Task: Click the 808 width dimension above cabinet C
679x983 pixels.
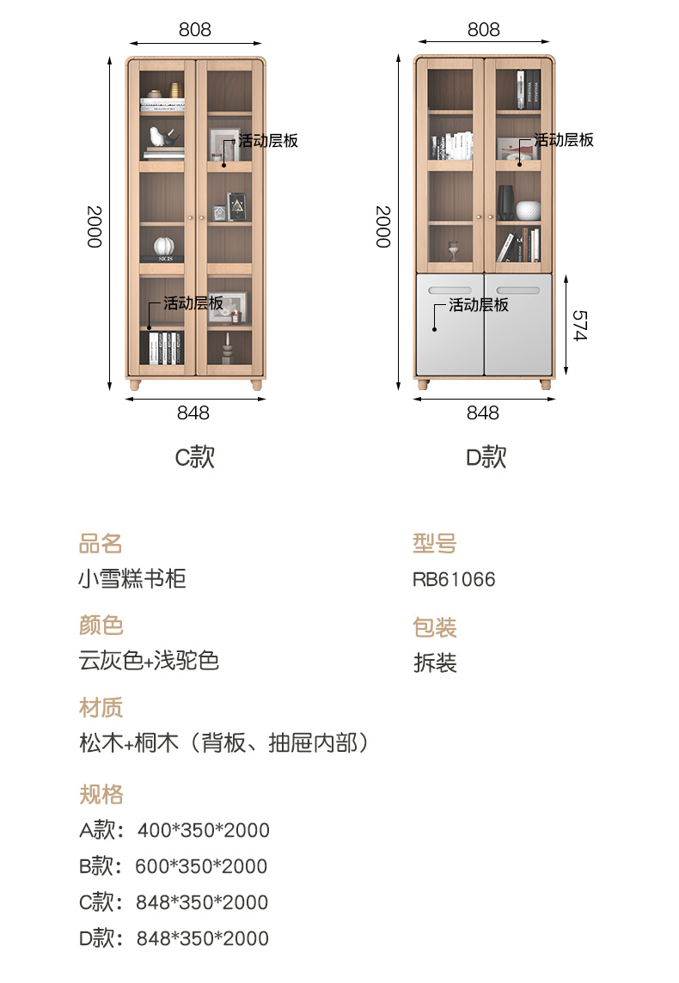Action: (x=194, y=30)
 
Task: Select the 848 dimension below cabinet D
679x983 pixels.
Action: (x=482, y=413)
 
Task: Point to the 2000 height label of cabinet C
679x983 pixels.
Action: (x=94, y=226)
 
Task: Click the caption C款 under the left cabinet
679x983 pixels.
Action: (x=195, y=457)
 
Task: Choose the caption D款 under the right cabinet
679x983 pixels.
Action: (x=486, y=457)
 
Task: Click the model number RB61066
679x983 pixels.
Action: (x=454, y=579)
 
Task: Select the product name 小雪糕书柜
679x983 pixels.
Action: (x=132, y=579)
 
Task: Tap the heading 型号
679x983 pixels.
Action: (x=434, y=543)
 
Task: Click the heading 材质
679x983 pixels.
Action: (x=101, y=708)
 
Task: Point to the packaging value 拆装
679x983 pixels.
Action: (x=434, y=663)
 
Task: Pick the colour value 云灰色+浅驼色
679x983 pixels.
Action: (x=149, y=661)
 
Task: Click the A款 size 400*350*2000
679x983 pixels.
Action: (x=174, y=830)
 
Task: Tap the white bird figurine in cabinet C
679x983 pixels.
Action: (x=158, y=137)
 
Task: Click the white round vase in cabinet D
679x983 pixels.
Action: (x=528, y=211)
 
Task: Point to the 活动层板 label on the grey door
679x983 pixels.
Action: (x=478, y=305)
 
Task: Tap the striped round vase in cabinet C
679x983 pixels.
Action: (x=162, y=247)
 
